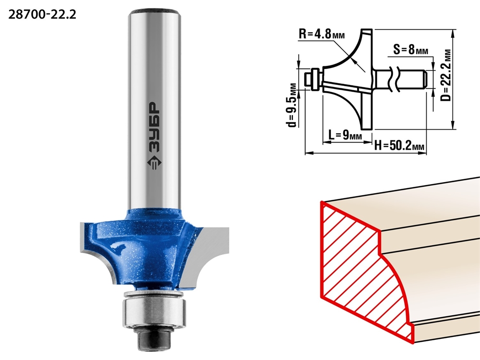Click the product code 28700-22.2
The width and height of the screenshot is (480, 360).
pyautogui.click(x=42, y=15)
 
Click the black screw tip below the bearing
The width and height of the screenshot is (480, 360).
pyautogui.click(x=154, y=337)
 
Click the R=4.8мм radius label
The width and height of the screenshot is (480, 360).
pyautogui.click(x=322, y=34)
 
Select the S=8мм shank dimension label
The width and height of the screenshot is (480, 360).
pyautogui.click(x=410, y=49)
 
